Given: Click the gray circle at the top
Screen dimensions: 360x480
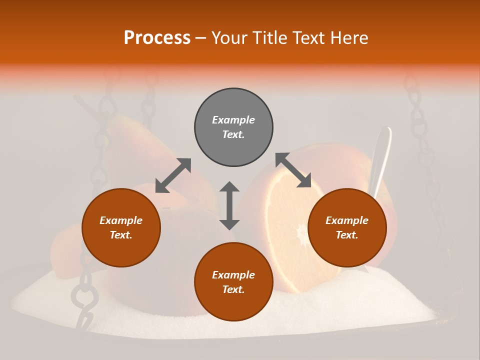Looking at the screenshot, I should [x=233, y=127].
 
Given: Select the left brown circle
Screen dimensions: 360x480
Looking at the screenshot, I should [x=121, y=228].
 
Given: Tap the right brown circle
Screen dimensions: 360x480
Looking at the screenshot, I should [x=347, y=228].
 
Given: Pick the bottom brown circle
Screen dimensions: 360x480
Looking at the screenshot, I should [x=233, y=282].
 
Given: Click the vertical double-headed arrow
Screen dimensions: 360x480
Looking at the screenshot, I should [x=229, y=205].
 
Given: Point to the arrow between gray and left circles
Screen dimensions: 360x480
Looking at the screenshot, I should [x=173, y=175].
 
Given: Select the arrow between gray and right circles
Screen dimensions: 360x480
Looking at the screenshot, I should [x=293, y=170].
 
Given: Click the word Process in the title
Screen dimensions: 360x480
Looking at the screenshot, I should [x=157, y=38].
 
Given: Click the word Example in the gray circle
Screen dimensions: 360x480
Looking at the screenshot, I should [x=233, y=120].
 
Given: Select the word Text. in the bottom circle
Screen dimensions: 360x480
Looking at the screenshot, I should [x=233, y=289].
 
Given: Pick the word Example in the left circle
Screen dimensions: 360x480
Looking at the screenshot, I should [x=121, y=220].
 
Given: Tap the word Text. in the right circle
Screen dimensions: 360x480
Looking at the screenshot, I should [x=347, y=235].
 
